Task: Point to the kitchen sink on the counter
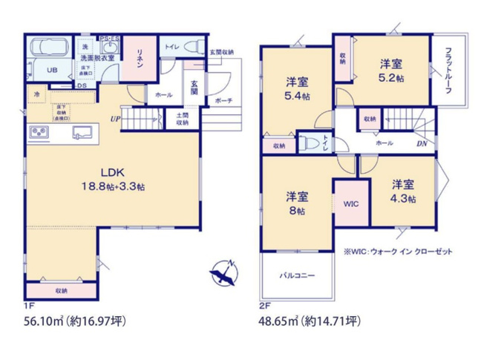coord(82,133)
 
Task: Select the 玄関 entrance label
coord(193,87)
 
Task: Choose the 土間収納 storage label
coord(182,120)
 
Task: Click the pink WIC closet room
coord(350,201)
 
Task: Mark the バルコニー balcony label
coord(296,275)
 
